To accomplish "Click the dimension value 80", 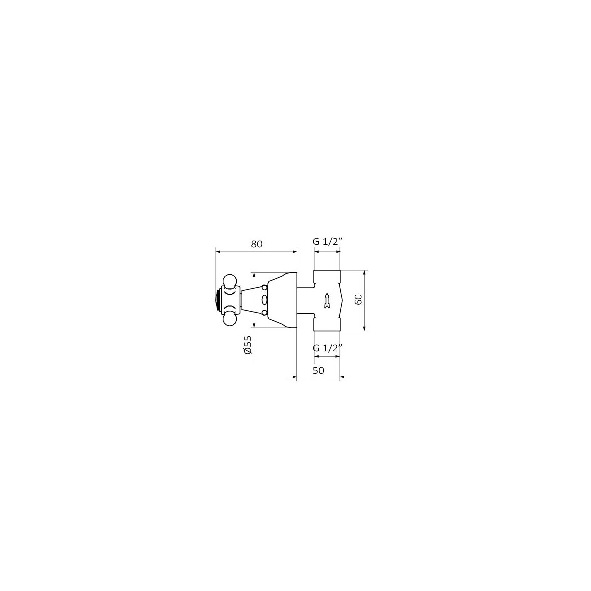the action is coord(256,244).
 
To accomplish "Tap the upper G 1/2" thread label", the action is coord(327,242).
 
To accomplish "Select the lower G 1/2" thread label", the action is coord(327,348).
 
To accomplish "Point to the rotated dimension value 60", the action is coord(358,299).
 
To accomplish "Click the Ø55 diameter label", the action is coord(247,345).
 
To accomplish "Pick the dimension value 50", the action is coord(318,370).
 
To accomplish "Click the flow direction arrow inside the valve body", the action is coord(327,301).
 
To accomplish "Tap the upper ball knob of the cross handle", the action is coord(230,281).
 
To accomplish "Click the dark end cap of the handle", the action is coord(218,300).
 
